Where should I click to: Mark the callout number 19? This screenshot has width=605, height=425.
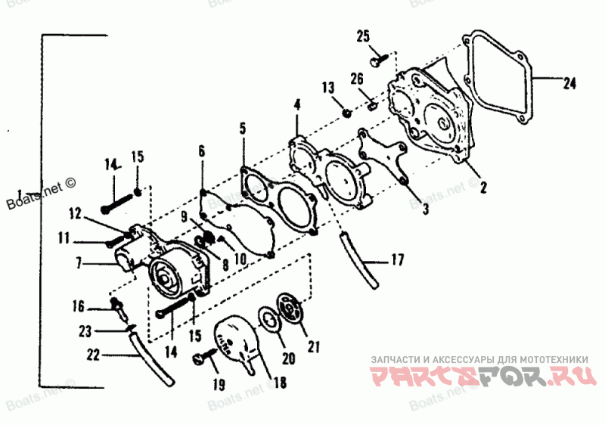(218, 385)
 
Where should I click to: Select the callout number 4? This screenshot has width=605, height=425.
(297, 104)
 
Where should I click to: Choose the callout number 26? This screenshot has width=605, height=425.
(357, 78)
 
